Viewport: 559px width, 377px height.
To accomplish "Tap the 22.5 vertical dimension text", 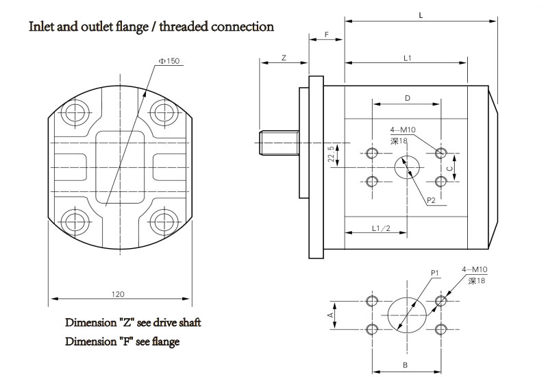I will tap(332, 155).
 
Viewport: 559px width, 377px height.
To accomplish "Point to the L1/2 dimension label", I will tap(381, 227).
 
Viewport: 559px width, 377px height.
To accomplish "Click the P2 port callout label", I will tap(432, 200).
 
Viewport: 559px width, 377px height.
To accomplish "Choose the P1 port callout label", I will tap(434, 273).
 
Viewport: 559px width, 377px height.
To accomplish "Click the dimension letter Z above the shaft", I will tap(284, 58).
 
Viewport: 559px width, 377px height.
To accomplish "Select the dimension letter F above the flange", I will tap(326, 34).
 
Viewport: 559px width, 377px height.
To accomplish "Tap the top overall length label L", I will tap(420, 14).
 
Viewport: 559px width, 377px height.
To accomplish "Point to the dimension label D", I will tap(407, 99).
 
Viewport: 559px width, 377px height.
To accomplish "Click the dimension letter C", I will tap(449, 167).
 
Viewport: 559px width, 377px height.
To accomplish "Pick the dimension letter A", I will tap(330, 315).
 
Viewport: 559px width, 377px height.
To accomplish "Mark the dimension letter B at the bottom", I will tap(406, 365).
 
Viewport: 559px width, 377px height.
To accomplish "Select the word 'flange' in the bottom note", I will tap(162, 341).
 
